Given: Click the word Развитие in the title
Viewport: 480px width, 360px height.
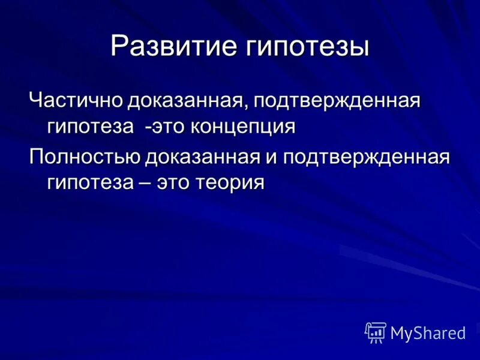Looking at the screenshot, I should click(x=173, y=46).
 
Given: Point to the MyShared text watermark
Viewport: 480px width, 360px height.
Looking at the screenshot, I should click(x=428, y=333).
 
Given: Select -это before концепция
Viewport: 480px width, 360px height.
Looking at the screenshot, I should click(x=164, y=127).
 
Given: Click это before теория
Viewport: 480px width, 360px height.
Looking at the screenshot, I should click(x=173, y=182).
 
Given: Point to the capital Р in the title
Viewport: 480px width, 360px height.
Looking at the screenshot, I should click(x=119, y=46).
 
